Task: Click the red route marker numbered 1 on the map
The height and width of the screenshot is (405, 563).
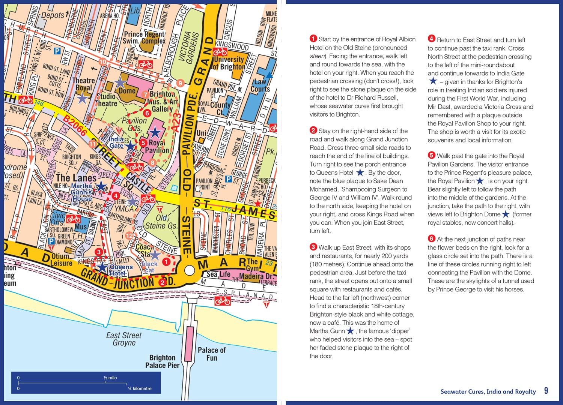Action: coord(166,261)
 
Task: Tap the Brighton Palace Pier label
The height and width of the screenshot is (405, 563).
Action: coord(163,361)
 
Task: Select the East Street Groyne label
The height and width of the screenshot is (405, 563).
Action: coord(124,339)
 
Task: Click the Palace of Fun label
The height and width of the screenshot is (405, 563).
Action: coord(212,354)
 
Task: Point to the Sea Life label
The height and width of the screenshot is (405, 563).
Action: coord(218,274)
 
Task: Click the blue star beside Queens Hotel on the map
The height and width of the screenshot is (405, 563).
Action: coord(102,267)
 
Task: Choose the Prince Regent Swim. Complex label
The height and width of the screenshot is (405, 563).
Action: coord(145,37)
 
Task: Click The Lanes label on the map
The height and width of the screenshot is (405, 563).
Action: coord(76,177)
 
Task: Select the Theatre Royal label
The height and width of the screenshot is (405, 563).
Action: coord(83,84)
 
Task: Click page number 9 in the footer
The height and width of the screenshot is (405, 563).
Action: coord(546,391)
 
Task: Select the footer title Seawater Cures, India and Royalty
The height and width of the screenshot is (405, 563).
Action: coord(488,391)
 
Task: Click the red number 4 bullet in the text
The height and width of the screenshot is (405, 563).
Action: coord(432,39)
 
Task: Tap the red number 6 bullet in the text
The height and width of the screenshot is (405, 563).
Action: coord(432,238)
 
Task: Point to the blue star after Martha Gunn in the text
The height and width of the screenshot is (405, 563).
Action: coord(350,331)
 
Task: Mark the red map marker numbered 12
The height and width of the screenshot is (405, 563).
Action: coord(129,236)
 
